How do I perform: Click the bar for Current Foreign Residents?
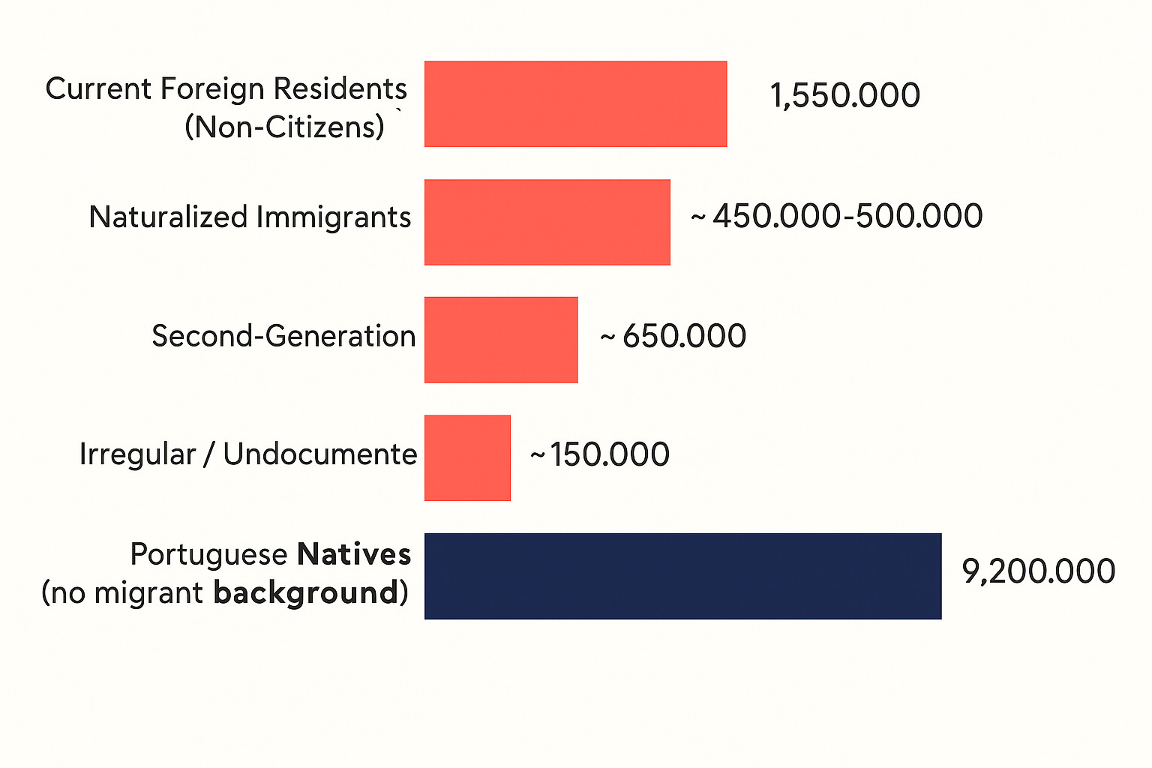click(x=575, y=104)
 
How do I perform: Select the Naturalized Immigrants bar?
click(x=547, y=222)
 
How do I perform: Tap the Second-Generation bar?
click(x=501, y=340)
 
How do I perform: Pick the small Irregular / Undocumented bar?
click(x=467, y=457)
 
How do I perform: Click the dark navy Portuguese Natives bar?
click(x=683, y=576)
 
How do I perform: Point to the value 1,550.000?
click(x=845, y=95)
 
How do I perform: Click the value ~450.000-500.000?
click(x=836, y=216)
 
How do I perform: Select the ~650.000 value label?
click(x=673, y=336)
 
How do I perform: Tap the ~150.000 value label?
click(x=600, y=454)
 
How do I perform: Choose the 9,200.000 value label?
click(x=1038, y=571)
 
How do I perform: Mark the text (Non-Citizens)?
click(x=284, y=127)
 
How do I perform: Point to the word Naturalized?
click(x=169, y=217)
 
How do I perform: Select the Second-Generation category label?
click(x=283, y=336)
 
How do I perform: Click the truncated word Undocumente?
click(x=320, y=454)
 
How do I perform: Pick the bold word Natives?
click(x=354, y=554)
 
